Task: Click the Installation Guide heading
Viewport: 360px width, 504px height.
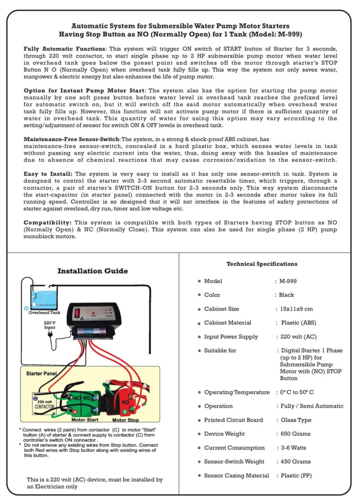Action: pyautogui.click(x=92, y=271)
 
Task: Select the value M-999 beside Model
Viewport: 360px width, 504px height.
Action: pyautogui.click(x=289, y=281)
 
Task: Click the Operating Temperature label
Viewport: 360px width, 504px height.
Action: pyautogui.click(x=235, y=392)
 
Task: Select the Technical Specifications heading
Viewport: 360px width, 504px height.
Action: pyautogui.click(x=262, y=264)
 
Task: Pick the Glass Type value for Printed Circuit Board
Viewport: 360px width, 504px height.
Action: pyautogui.click(x=296, y=420)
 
